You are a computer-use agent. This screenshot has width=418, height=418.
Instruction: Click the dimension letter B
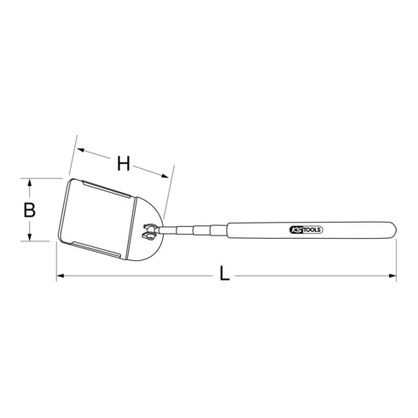(28, 209)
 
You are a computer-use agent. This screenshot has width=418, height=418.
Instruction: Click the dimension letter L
(224, 275)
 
